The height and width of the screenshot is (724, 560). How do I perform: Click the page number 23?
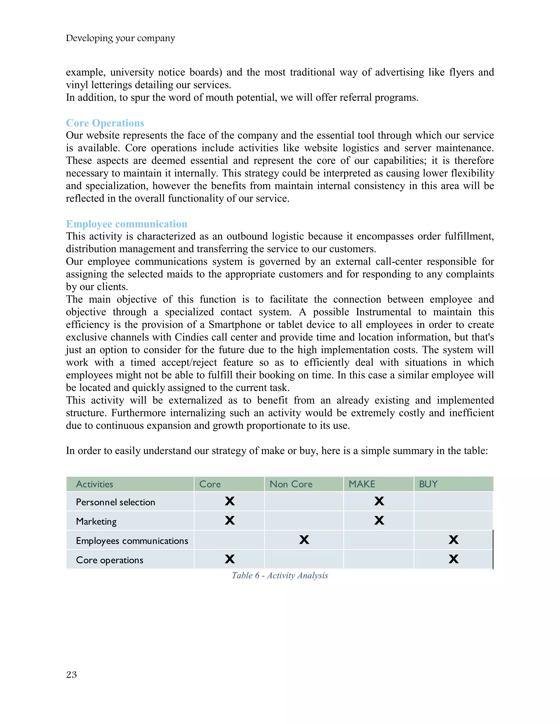(71, 675)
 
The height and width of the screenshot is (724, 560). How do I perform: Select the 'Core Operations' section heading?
(105, 123)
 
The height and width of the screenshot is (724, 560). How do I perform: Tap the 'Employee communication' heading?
(126, 224)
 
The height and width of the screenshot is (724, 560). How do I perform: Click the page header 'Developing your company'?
(120, 38)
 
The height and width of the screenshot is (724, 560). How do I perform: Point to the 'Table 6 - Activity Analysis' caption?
(280, 575)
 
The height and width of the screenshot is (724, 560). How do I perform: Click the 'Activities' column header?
(95, 484)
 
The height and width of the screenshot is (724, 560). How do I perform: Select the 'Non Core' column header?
(291, 484)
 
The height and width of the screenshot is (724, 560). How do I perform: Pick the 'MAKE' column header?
(361, 484)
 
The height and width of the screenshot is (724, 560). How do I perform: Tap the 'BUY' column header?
(428, 484)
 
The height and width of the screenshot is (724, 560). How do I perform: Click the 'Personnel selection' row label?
(115, 502)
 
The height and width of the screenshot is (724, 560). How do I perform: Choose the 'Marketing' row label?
(96, 522)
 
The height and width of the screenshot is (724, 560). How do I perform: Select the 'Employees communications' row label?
(132, 541)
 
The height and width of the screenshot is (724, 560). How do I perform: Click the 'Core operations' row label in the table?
(109, 560)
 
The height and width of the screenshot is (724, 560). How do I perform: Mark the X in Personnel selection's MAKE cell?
(379, 501)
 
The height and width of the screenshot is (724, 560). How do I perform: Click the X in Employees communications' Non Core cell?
(304, 540)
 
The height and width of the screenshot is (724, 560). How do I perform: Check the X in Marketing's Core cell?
(230, 520)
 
